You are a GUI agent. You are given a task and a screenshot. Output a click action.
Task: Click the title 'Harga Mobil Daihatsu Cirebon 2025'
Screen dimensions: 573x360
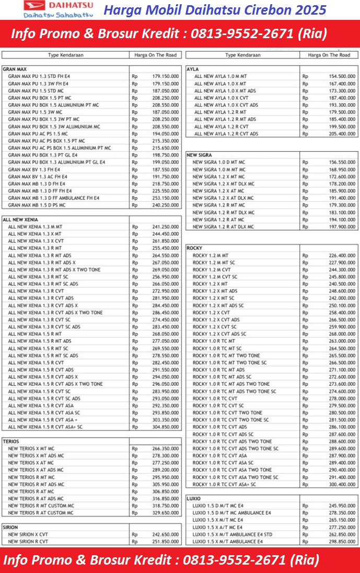click(x=215, y=9)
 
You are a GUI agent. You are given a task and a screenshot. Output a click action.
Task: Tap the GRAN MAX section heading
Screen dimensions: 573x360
click(x=15, y=69)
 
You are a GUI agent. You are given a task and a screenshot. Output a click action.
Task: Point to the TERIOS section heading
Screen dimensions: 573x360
click(x=11, y=441)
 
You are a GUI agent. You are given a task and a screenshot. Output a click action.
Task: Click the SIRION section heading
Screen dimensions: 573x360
click(x=10, y=528)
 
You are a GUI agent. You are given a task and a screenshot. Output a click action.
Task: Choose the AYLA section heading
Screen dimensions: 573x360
click(x=192, y=69)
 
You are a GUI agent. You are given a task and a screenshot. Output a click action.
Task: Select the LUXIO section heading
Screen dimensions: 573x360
click(x=194, y=499)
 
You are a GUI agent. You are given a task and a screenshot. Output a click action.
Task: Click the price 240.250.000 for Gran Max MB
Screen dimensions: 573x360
click(x=166, y=205)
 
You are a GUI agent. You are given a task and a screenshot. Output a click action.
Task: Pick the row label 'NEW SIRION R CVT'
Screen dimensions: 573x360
click(x=28, y=542)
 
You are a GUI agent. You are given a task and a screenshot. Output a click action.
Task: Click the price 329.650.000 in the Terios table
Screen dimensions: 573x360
click(x=166, y=513)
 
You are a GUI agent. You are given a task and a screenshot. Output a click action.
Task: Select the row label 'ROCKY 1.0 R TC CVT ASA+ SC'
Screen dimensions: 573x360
click(x=225, y=485)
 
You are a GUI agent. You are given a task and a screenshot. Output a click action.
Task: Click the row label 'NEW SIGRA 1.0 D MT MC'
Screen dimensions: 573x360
click(x=218, y=163)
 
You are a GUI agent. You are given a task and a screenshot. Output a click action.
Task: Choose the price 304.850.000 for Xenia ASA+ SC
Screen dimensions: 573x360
click(x=166, y=427)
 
